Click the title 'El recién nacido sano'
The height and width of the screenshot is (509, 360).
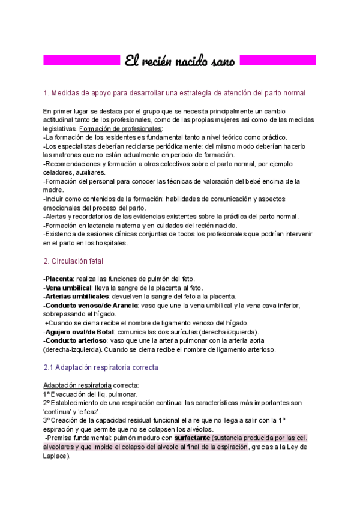pos(180,61)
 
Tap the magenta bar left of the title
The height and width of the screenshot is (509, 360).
pos(82,61)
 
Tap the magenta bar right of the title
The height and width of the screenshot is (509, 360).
pos(278,61)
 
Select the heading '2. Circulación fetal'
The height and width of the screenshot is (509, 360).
pos(73,261)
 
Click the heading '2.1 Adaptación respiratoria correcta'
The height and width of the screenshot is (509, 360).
pos(101,367)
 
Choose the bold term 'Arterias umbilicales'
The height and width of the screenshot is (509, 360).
pos(76,297)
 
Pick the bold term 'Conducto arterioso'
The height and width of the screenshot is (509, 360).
pos(73,340)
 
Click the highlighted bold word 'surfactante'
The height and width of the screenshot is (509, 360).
pos(193,438)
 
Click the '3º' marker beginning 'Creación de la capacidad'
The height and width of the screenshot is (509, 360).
pos(47,421)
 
